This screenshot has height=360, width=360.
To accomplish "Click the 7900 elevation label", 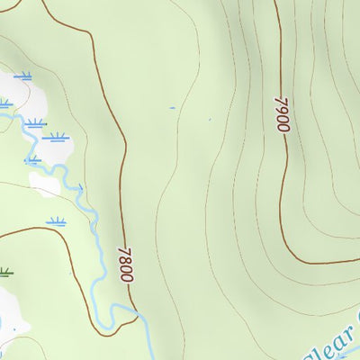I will [x=282, y=115].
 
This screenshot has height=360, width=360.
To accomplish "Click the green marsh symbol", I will [x=5, y=270].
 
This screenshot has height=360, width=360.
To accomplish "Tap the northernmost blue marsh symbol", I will [x=22, y=76].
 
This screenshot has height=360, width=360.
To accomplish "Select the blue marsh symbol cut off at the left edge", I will [x=4, y=104].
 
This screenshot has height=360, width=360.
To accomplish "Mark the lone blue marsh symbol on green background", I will [x=58, y=220].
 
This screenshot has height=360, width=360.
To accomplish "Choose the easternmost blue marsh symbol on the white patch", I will [x=58, y=138].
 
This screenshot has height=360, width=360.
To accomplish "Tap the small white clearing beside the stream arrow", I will [x=45, y=184].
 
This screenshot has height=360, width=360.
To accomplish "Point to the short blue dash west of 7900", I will [x=173, y=108].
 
